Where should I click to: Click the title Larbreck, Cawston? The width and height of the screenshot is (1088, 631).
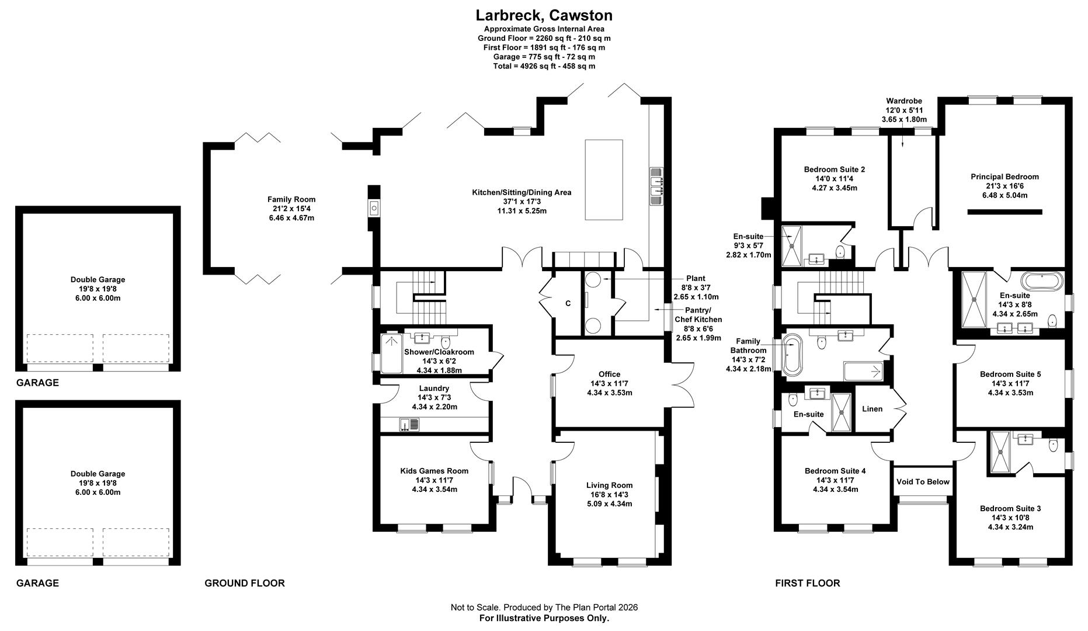tap(544, 15)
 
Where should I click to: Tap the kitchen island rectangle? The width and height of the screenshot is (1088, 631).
tap(604, 179)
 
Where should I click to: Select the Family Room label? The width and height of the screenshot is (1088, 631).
tap(291, 209)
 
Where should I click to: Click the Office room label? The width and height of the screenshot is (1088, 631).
tap(609, 383)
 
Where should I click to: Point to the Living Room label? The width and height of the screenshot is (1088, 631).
tap(609, 494)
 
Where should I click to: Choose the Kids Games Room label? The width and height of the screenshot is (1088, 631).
tap(434, 480)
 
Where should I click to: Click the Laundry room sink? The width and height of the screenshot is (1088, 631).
tap(409, 425)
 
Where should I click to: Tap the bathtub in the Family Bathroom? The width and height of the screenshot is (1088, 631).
tap(792, 355)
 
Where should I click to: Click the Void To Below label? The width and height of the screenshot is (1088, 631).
tap(923, 481)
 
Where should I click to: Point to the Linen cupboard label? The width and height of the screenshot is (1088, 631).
tap(872, 408)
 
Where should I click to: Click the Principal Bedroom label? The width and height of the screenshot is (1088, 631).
tap(1004, 186)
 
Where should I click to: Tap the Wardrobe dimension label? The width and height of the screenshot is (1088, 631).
tap(903, 110)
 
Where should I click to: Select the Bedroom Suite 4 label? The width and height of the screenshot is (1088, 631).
tap(835, 480)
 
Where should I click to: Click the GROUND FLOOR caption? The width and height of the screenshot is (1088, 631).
tap(245, 583)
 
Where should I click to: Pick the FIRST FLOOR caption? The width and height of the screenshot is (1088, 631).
tap(807, 583)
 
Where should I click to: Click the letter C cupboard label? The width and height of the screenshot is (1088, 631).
tap(568, 303)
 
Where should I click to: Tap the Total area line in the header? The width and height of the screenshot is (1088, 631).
tap(544, 66)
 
